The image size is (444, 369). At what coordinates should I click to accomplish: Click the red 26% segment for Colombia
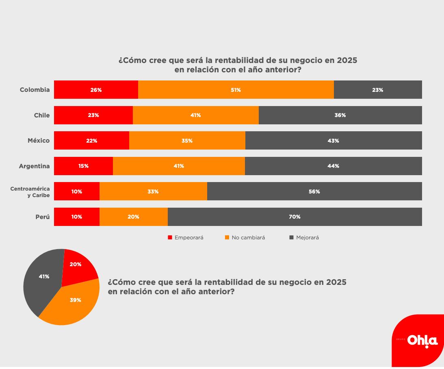point(96,90)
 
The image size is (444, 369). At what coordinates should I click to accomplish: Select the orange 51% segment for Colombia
point(236,90)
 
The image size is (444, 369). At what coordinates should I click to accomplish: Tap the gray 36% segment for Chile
point(340,115)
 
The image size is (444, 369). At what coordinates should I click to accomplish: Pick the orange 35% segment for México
point(187,141)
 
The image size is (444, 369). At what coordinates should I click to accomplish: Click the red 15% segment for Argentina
point(83,166)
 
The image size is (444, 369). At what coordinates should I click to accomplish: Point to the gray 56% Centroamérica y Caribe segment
point(314,191)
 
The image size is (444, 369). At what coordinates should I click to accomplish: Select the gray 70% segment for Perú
point(295,217)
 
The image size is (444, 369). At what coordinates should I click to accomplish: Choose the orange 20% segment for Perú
point(133,217)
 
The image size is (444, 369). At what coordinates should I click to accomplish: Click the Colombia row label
point(35,90)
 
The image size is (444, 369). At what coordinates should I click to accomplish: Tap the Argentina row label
point(34,166)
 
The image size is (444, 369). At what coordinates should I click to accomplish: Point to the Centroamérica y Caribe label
point(30,192)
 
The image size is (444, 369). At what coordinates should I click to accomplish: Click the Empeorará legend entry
point(186,238)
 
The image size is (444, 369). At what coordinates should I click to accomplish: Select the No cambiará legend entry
point(245,238)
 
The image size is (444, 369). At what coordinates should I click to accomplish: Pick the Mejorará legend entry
point(304,238)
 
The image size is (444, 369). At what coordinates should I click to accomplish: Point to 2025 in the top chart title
point(346,61)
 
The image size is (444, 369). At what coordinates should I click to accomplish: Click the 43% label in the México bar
point(333,141)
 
